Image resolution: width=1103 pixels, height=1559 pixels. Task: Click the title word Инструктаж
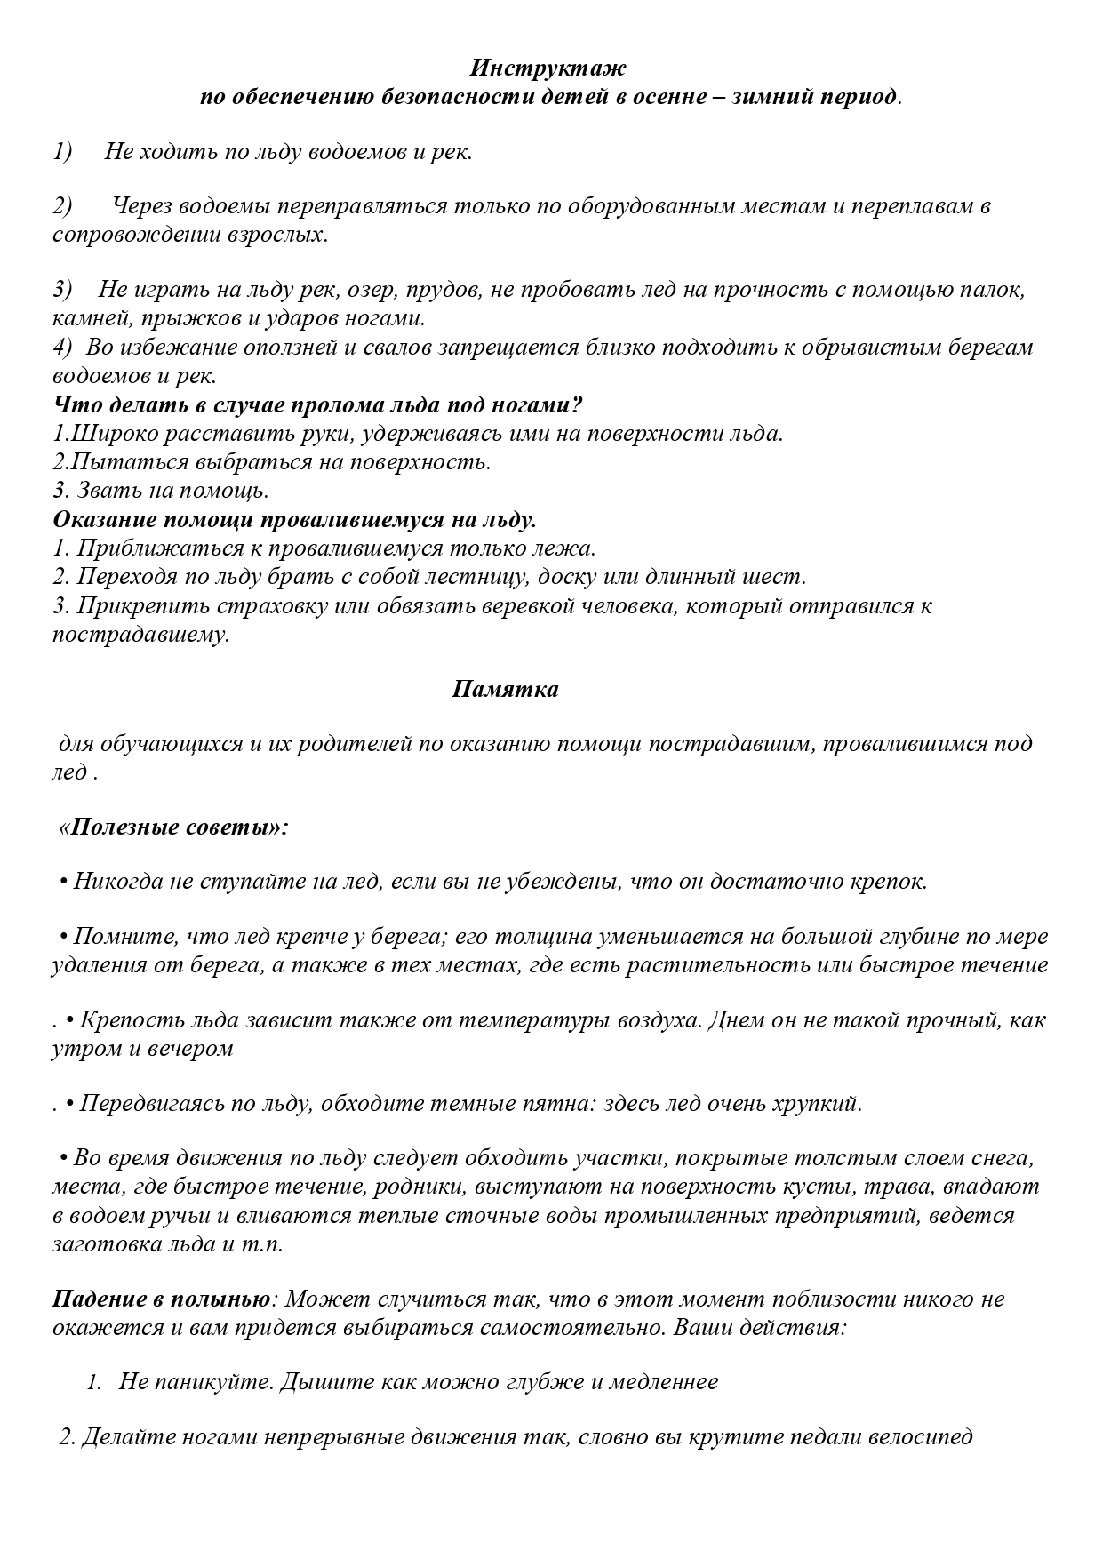(548, 68)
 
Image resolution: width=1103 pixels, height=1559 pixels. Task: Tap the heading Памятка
(505, 689)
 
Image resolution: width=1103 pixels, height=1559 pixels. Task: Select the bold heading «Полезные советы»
(173, 827)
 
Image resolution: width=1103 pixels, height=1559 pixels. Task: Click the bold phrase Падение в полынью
(161, 1299)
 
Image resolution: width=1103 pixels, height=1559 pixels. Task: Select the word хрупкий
(816, 1104)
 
